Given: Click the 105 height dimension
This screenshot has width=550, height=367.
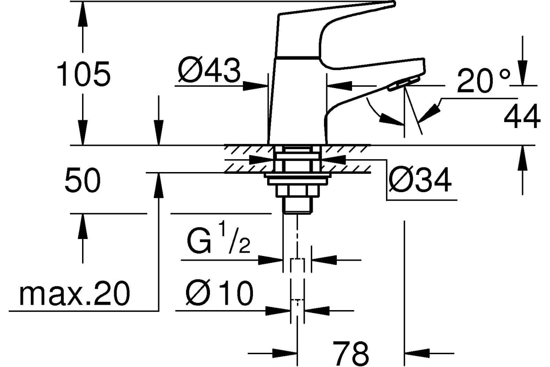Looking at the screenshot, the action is (83, 74).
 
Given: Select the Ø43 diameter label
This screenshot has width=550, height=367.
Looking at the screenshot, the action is (209, 70).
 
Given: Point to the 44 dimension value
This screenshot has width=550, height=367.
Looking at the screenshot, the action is (522, 116).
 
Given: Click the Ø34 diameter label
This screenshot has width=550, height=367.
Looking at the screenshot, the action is (420, 180).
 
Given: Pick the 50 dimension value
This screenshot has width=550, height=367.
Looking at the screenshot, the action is (83, 180).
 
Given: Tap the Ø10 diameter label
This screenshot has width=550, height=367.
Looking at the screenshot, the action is (219, 293).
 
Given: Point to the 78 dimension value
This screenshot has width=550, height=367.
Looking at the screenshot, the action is (351, 353).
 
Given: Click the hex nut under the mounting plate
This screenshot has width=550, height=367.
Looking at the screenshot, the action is (298, 191).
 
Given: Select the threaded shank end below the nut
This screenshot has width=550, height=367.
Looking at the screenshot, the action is (298, 206).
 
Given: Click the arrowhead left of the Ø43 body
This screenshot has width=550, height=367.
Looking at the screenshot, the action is (255, 86).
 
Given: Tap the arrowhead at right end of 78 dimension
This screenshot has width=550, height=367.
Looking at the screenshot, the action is (417, 354).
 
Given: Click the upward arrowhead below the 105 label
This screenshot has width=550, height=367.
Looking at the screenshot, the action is (82, 227).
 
